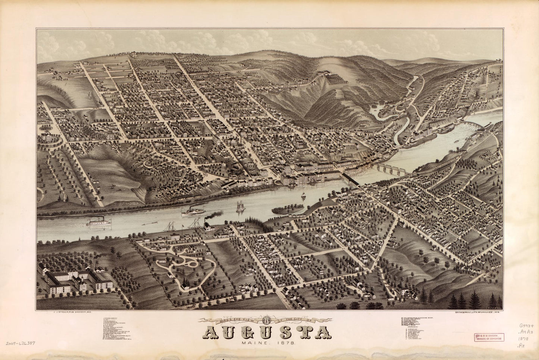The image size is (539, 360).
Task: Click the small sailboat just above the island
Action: click(303, 195)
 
